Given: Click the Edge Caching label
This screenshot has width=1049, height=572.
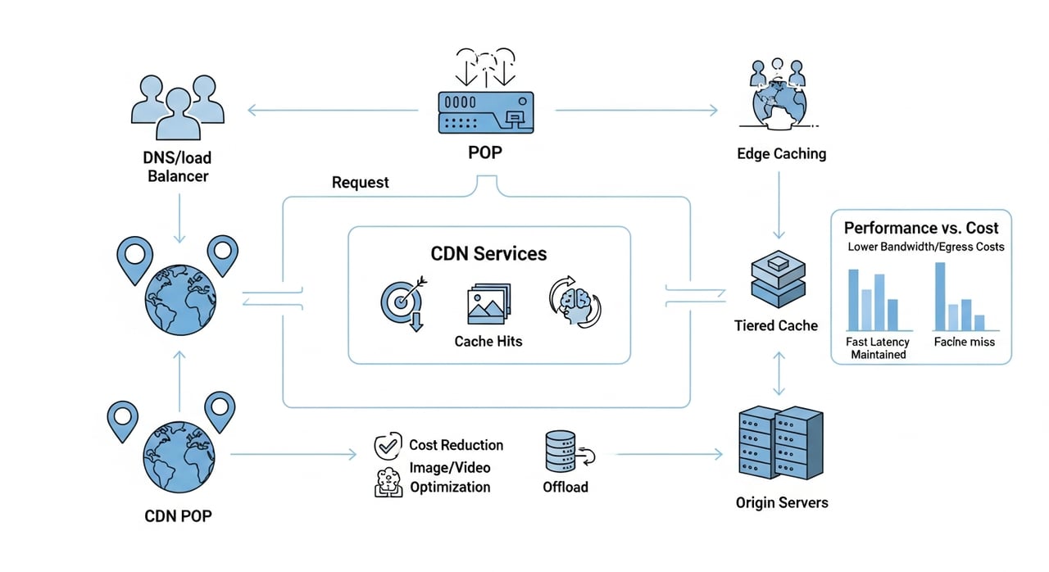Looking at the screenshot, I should (x=781, y=153).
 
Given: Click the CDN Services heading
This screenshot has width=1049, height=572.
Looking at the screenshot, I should (x=488, y=253).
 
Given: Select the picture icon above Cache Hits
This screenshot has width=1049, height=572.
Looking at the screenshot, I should (x=488, y=304).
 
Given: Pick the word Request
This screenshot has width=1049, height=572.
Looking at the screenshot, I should (x=361, y=182).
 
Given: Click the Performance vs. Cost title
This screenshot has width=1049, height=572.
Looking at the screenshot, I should (x=921, y=228).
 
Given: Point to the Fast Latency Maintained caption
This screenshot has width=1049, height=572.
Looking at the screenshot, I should (x=878, y=348).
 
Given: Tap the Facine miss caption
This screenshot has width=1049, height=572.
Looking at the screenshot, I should (x=964, y=341).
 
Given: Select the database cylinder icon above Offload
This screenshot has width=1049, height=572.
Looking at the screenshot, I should (x=561, y=452).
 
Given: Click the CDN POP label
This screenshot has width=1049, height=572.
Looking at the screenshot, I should (x=179, y=515).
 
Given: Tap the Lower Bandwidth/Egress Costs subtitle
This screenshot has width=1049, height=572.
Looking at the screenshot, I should (x=925, y=247).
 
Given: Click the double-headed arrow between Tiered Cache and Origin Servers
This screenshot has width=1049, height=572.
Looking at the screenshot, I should (x=778, y=372).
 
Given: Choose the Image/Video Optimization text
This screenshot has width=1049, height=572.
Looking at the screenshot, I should (x=450, y=477).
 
